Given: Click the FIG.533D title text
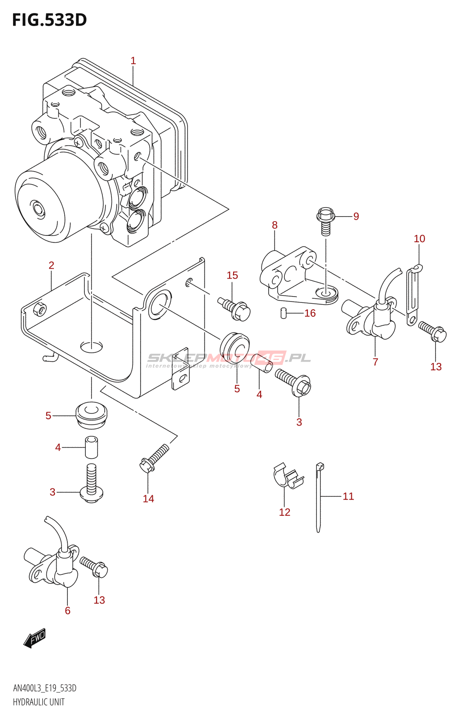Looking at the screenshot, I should [x=49, y=20].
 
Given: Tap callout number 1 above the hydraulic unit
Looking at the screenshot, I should [x=133, y=61].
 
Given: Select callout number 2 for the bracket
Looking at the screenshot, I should [x=52, y=265].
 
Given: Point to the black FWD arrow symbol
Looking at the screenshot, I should [x=35, y=638].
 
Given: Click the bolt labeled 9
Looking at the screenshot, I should [x=326, y=221].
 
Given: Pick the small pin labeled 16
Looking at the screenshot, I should [x=283, y=313].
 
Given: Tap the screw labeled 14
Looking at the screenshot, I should [x=154, y=459].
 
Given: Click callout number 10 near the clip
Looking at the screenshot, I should [x=419, y=239].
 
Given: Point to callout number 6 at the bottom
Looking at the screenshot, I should [x=67, y=610].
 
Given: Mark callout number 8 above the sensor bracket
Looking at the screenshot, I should [x=274, y=225].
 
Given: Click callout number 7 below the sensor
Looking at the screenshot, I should [x=375, y=362].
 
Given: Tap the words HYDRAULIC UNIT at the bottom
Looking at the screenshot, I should [x=39, y=702].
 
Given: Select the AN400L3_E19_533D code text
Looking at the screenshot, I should [x=44, y=688].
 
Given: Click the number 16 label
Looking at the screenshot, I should [x=310, y=313].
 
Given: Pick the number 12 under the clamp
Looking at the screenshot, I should [x=284, y=512].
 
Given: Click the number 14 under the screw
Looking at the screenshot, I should [x=148, y=498].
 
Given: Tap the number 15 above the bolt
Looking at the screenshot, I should [x=232, y=275].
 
